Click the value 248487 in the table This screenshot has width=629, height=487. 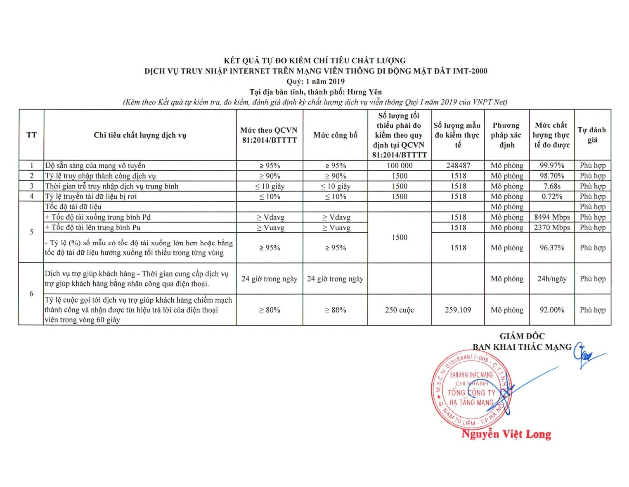[458, 165]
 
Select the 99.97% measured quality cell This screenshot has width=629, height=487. [552, 165]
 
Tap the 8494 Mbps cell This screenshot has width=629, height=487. [552, 217]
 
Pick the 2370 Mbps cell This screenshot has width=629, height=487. [552, 227]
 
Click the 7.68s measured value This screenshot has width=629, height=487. [552, 186]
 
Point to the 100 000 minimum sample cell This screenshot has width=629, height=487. [399, 165]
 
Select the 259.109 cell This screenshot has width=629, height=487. [458, 310]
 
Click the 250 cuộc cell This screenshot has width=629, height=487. [399, 310]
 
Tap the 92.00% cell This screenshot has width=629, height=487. [552, 310]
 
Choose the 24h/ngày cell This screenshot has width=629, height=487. [552, 279]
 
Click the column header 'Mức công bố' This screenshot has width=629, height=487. [335, 135]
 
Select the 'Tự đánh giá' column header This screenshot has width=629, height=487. [592, 135]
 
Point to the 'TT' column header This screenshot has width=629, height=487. [31, 135]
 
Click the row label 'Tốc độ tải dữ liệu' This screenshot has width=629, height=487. [73, 207]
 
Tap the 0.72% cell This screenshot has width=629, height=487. [552, 196]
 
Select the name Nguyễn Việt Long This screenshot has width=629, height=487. [506, 434]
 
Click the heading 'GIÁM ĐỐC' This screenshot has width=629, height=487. [522, 336]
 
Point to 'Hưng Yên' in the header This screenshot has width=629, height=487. [364, 92]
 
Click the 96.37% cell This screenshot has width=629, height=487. [552, 248]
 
